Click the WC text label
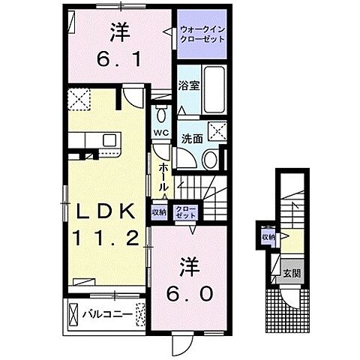click(160, 133)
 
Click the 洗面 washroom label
click(192, 139)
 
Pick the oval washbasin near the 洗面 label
click(210, 158)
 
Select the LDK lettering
click(105, 211)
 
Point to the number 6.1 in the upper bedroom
click(118, 58)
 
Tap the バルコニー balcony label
click(107, 312)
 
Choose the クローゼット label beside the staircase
click(184, 211)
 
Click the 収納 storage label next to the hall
click(159, 211)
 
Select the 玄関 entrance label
click(291, 271)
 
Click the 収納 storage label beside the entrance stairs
click(268, 237)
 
